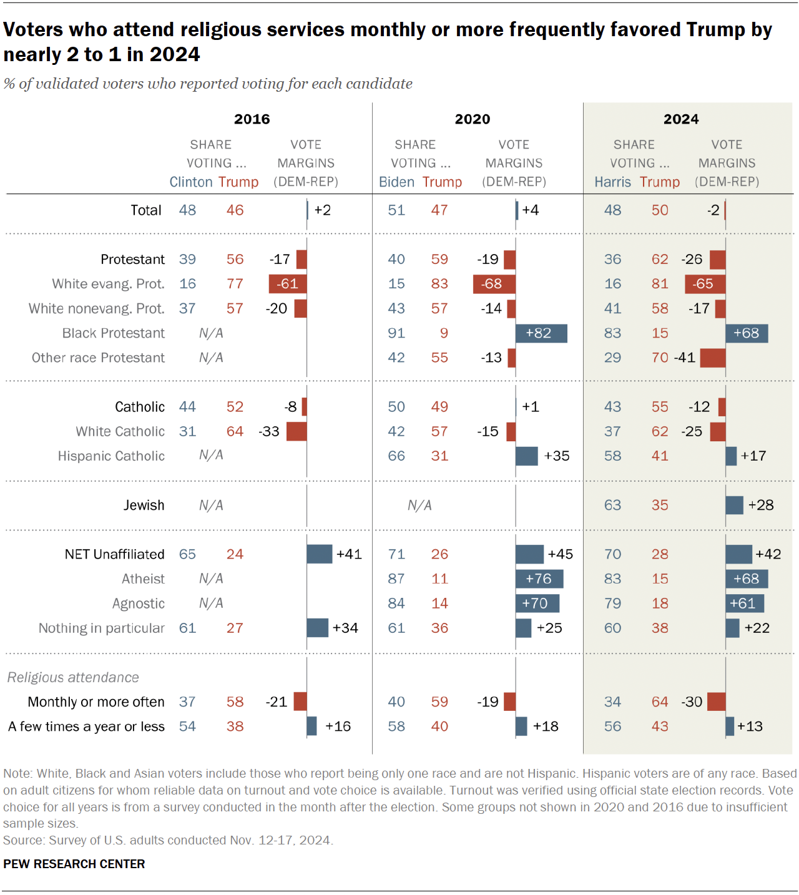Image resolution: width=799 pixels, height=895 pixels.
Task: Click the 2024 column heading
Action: (x=681, y=119)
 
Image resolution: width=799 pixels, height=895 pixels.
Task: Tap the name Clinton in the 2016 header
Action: (x=191, y=182)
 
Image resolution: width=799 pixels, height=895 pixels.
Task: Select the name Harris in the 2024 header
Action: (x=612, y=182)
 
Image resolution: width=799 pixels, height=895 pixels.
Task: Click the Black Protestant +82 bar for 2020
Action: (x=541, y=333)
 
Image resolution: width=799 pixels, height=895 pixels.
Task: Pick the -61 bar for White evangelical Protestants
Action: (x=288, y=284)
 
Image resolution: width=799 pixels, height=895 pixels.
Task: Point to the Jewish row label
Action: (x=144, y=505)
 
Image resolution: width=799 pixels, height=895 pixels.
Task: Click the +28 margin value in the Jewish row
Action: (x=761, y=505)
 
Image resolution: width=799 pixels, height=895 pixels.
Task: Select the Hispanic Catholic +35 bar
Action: (x=527, y=456)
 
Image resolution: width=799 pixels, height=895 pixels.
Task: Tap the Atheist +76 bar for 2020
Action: (x=539, y=579)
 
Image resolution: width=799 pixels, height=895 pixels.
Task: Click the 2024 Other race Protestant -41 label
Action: (x=685, y=358)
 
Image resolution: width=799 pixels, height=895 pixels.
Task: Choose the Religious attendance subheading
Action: (x=73, y=677)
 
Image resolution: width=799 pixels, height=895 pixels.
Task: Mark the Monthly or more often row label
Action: (x=96, y=702)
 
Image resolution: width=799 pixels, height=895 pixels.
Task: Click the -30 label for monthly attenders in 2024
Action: (x=692, y=702)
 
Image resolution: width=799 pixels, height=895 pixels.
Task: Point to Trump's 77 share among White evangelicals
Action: (x=235, y=284)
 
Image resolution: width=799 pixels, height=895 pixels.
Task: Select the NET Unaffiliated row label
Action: (x=114, y=554)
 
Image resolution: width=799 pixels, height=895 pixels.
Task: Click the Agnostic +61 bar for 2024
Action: (x=745, y=604)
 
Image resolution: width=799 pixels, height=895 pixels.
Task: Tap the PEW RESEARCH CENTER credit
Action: (x=74, y=864)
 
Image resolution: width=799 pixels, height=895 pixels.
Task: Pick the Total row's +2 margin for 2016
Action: (x=323, y=210)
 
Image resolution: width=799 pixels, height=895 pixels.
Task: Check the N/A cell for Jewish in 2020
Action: (x=419, y=505)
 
